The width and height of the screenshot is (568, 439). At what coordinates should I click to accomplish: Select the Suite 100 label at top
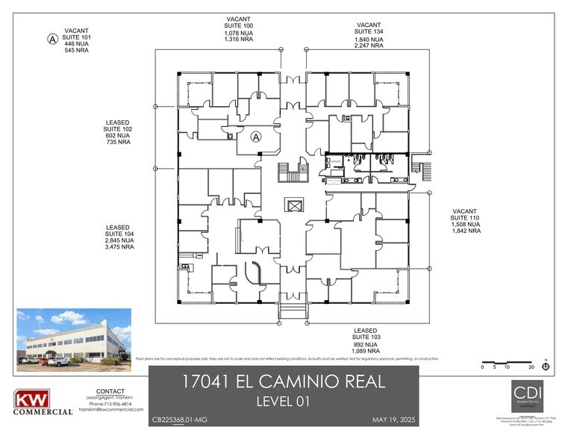(x=238, y=25)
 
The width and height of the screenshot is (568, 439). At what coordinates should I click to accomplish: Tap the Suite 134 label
(x=368, y=31)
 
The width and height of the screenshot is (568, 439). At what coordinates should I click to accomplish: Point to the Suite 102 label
(x=118, y=128)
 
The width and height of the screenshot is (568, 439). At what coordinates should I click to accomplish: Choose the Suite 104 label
(x=118, y=234)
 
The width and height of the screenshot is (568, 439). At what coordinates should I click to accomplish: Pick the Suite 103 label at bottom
(x=366, y=337)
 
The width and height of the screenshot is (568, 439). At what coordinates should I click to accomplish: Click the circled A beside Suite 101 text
(x=52, y=39)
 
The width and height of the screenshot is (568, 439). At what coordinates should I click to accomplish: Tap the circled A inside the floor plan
(x=255, y=137)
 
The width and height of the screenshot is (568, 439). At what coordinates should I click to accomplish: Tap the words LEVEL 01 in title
(x=284, y=402)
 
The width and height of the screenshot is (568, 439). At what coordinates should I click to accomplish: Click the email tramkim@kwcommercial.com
(x=110, y=409)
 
